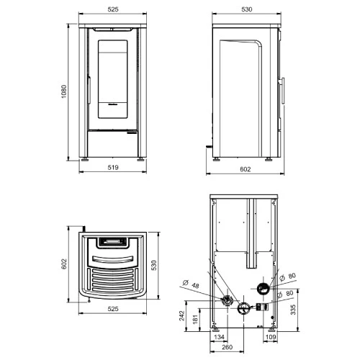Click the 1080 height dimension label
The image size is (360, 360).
pyautogui.click(x=64, y=91)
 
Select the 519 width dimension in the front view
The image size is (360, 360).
pyautogui.click(x=113, y=167)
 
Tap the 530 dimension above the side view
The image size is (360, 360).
pyautogui.click(x=247, y=9)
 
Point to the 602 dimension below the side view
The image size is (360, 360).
pyautogui.click(x=246, y=169)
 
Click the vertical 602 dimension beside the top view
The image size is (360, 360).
pyautogui.click(x=64, y=264)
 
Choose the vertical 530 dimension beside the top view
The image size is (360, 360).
pyautogui.click(x=154, y=265)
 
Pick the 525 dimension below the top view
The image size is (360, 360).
pyautogui.click(x=113, y=309)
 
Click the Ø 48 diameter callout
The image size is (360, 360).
pyautogui.click(x=191, y=284)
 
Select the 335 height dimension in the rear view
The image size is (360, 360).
pyautogui.click(x=293, y=310)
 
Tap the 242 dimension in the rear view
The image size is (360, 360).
pyautogui.click(x=181, y=315)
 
